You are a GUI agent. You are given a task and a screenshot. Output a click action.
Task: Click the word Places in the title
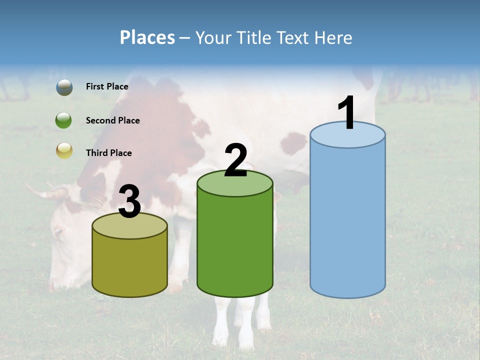[147, 37]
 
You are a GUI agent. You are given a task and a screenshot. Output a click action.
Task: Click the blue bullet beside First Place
[64, 87]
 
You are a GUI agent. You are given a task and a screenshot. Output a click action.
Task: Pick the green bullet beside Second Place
[64, 120]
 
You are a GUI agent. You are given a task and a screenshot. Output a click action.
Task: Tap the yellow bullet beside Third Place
[64, 150]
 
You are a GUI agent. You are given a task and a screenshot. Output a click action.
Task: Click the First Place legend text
[107, 86]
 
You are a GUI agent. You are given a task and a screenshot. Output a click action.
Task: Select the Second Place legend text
[112, 120]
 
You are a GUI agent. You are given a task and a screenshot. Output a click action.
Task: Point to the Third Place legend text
[108, 153]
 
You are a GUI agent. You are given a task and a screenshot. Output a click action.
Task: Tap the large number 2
[235, 160]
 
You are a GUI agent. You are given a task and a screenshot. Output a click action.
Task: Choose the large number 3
[129, 202]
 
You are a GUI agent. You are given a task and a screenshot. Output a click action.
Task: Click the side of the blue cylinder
[347, 220]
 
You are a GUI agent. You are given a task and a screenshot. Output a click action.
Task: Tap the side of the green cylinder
[235, 245]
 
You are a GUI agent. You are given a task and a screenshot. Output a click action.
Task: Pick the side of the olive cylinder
[129, 265]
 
